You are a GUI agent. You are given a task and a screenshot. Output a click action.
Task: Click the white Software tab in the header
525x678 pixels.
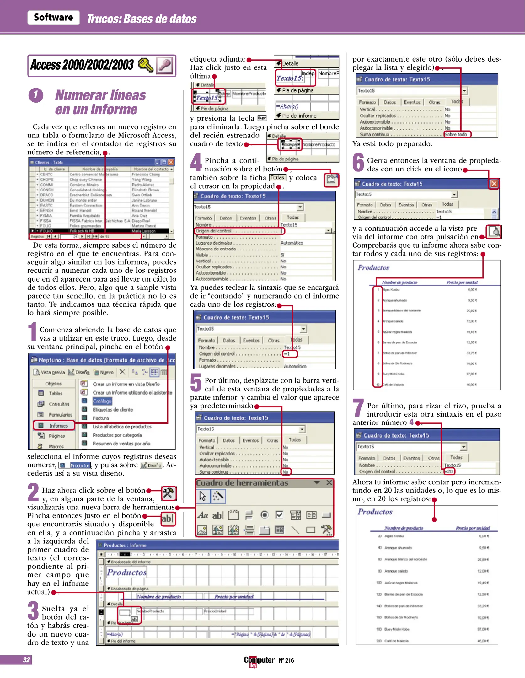53,17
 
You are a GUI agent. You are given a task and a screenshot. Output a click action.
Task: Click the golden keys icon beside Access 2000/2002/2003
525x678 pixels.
146,65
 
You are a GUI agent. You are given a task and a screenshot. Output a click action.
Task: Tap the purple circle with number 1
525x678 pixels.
36,95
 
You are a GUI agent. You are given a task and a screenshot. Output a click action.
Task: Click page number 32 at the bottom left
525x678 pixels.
26,659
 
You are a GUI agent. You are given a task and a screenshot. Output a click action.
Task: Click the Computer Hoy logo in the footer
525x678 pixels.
259,660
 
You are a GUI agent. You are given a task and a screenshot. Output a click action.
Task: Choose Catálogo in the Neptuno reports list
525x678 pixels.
102,401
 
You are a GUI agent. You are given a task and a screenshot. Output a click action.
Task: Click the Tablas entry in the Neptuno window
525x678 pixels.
55,393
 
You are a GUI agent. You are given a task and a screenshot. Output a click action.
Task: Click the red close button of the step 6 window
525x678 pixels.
494,184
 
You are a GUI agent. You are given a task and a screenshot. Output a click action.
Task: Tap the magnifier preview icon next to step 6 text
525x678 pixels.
494,232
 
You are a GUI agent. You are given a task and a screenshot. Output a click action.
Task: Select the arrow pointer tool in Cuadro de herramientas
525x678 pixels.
203,496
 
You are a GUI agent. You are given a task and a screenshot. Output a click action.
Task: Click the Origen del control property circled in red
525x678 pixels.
238,231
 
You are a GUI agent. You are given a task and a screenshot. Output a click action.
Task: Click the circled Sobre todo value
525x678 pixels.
457,134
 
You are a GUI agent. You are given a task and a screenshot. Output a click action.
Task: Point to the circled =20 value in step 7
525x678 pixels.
449,471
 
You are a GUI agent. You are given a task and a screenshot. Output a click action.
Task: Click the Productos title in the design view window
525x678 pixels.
127,572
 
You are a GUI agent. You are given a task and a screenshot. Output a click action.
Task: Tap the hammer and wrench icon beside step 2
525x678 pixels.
169,493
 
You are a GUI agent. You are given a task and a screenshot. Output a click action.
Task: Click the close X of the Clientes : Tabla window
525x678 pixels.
171,162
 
